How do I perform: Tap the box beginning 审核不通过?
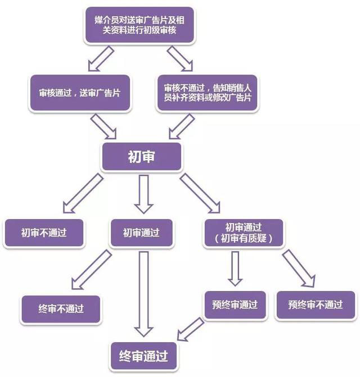click(208, 93)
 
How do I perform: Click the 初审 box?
click(142, 157)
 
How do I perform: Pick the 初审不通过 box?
click(44, 232)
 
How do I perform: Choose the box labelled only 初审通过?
click(142, 232)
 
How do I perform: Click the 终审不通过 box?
click(61, 308)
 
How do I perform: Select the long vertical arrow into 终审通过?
click(144, 292)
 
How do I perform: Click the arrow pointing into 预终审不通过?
click(298, 269)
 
